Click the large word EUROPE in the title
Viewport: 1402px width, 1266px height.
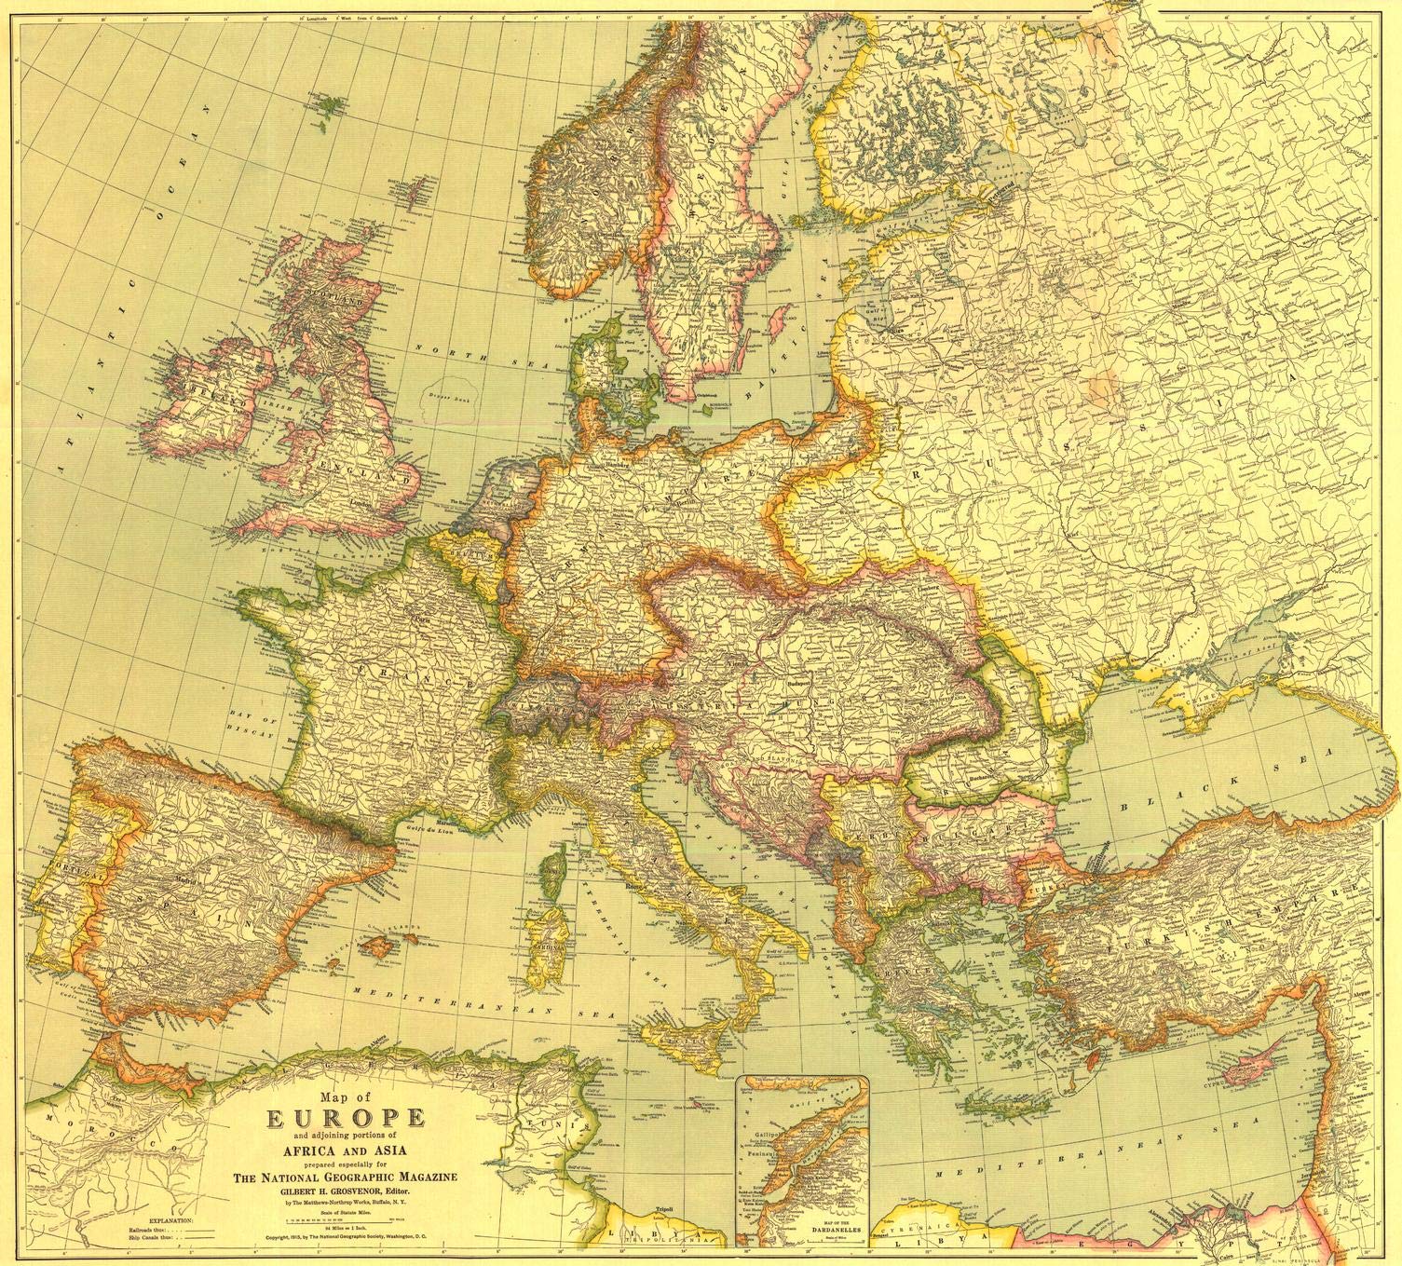(347, 1118)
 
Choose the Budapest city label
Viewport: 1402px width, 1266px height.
(799, 680)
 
